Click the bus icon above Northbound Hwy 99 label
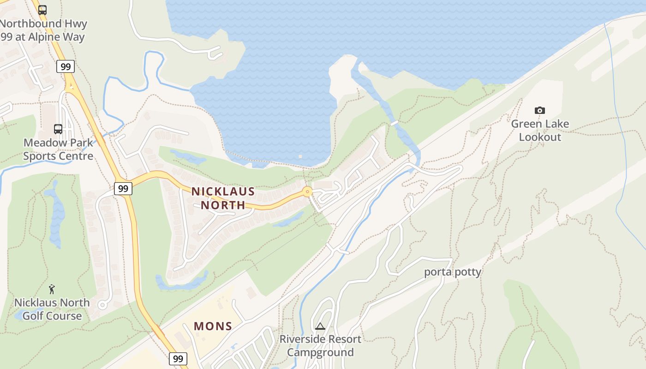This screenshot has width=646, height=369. coord(42,10)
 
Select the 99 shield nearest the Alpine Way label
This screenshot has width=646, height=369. coord(66,67)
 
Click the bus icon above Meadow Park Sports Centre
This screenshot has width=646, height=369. coord(58,129)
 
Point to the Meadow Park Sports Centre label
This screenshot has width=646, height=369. coord(58,149)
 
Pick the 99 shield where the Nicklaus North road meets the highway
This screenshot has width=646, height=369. coord(123,188)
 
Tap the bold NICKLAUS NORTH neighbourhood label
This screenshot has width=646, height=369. coord(223,198)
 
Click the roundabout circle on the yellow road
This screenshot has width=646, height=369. coord(307,191)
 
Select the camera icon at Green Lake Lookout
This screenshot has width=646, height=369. coord(539,111)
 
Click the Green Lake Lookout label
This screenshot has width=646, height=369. coord(540,131)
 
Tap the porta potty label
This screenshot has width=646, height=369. coord(452,272)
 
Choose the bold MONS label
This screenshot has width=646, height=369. coord(213,326)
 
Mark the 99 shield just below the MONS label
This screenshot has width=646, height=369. coord(178,358)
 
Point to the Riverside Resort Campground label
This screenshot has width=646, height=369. coord(320,346)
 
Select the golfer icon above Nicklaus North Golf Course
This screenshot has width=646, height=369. coord(52,290)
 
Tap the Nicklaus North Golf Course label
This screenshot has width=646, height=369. coord(52,309)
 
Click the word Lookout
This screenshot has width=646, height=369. coord(540,137)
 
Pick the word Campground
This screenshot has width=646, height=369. coord(320,352)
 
